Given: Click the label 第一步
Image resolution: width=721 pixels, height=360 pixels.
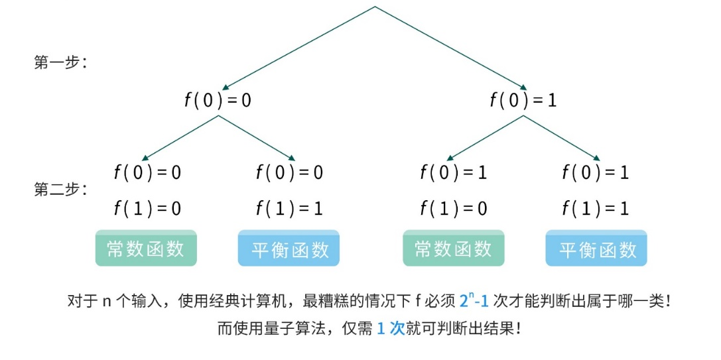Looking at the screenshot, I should coord(58,64).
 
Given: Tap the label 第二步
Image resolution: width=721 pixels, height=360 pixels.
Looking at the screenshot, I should coord(58,190).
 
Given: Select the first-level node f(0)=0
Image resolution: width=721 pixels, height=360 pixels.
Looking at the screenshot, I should coord(218,100).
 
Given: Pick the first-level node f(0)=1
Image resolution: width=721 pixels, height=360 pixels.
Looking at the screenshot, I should coord(523,100).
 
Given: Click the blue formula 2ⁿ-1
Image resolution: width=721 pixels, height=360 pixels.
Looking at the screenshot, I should coord(474,301).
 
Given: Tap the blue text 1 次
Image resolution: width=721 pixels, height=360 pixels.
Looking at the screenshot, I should coord(391,328).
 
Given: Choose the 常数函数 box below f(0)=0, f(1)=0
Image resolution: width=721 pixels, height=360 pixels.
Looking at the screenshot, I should coord(146,249).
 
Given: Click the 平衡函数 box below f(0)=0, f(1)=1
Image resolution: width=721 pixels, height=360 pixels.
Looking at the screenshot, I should coord(289,249).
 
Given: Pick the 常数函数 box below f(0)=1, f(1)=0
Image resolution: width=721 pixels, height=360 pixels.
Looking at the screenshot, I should coord(454,249).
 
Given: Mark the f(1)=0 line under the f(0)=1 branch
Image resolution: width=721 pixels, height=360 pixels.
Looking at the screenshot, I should coord(454,209).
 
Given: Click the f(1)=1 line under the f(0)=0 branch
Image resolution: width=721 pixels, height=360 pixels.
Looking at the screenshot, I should coord(289,209).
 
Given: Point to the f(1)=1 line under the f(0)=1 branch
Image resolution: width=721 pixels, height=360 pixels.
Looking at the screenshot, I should coord(596,209).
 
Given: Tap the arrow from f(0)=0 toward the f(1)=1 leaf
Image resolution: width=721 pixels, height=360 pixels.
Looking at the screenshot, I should coord(257,138).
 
